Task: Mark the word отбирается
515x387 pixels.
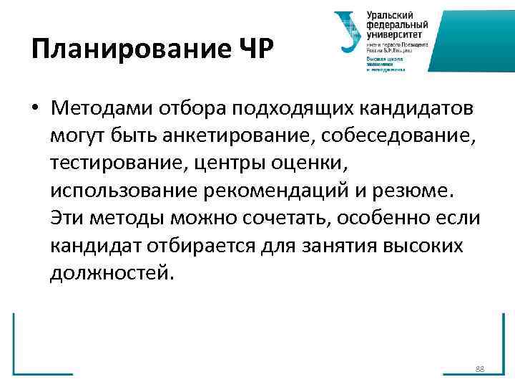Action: [205, 247]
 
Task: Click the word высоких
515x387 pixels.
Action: [423, 247]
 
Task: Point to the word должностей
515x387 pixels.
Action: [111, 274]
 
